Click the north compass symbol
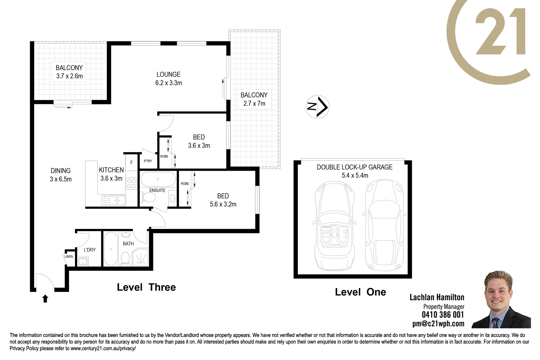tap(317, 107)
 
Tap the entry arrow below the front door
tap(45, 298)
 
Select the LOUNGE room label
tap(168, 75)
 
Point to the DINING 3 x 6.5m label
tap(61, 175)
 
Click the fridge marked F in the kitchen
tap(131, 162)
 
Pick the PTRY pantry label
tap(148, 161)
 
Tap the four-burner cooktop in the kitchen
tap(132, 183)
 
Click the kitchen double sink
tap(114, 201)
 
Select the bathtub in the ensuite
tap(158, 179)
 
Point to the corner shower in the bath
tap(140, 257)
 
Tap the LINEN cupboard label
tap(69, 257)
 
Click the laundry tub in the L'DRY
tap(83, 261)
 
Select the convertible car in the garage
tap(334, 226)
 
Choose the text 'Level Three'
tap(146, 287)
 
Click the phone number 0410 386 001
tap(443, 315)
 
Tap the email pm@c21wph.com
tap(438, 324)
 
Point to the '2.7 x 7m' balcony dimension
tap(254, 103)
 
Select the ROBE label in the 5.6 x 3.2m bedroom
tap(185, 184)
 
